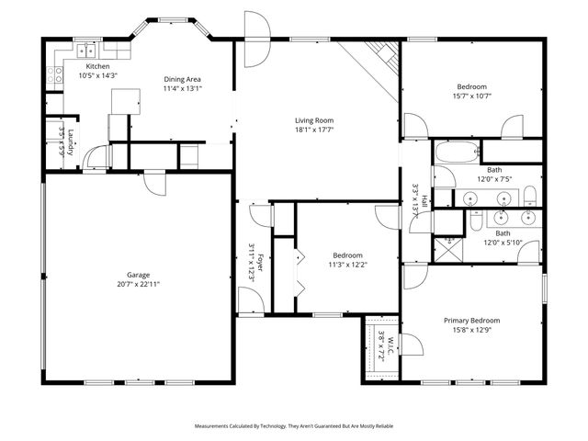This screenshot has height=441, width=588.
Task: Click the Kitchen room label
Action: tap(98, 67)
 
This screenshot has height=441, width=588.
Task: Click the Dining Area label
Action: tap(182, 79)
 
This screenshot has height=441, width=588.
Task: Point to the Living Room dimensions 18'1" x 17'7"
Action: tap(313, 130)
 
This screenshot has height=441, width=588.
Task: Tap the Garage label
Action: tap(138, 275)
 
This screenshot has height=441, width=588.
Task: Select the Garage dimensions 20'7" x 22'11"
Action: tap(138, 284)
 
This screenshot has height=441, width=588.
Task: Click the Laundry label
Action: tap(71, 144)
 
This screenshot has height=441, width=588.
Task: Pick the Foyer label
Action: tap(260, 261)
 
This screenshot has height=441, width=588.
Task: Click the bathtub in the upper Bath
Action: tap(457, 151)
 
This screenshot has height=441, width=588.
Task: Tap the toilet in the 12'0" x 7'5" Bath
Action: tap(531, 193)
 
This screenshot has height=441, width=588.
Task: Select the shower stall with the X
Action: tap(449, 245)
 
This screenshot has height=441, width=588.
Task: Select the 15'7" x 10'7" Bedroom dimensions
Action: tap(471, 96)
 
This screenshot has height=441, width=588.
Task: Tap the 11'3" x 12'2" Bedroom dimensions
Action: tap(347, 265)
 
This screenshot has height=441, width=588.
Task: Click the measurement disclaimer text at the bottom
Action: tap(293, 426)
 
